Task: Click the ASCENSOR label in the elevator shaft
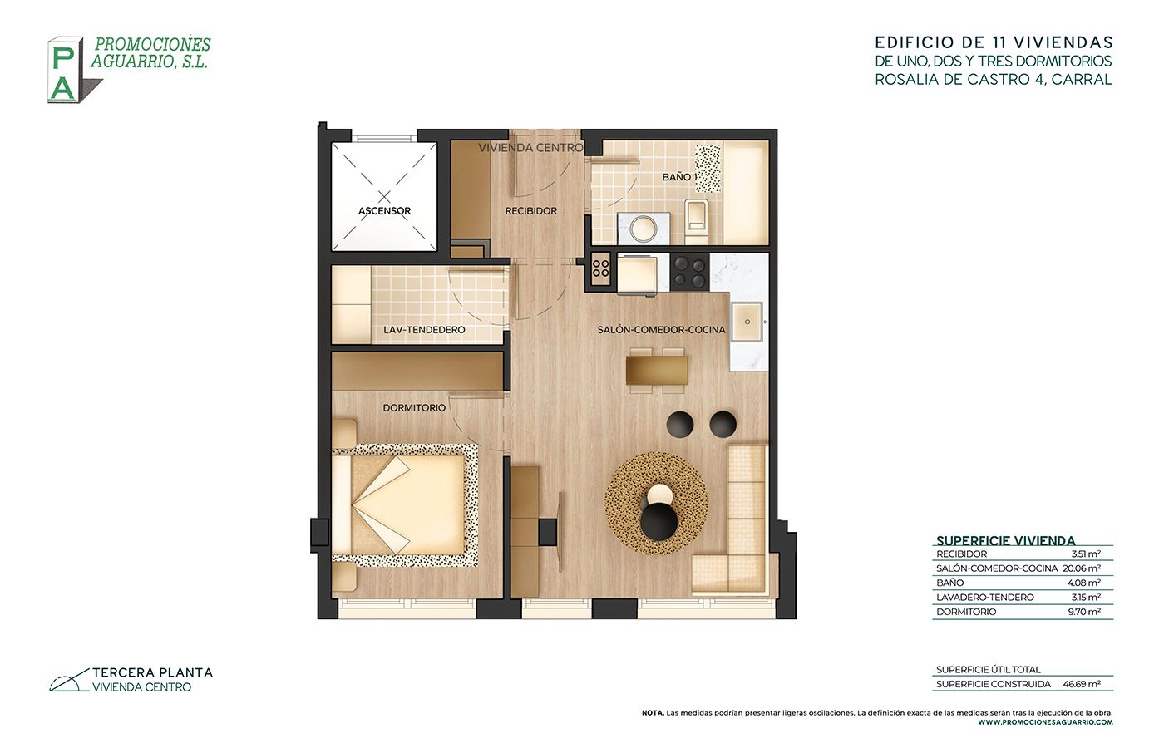pyautogui.click(x=384, y=211)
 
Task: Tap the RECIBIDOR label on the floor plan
pyautogui.click(x=531, y=211)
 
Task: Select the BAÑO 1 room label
pyautogui.click(x=678, y=177)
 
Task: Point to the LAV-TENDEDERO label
pyautogui.click(x=424, y=330)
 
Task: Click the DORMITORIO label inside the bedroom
pyautogui.click(x=414, y=408)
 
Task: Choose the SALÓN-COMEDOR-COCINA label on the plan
pyautogui.click(x=661, y=330)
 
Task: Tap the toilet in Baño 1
pyautogui.click(x=697, y=221)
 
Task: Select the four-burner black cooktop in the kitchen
pyautogui.click(x=689, y=273)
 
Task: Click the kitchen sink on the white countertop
pyautogui.click(x=747, y=322)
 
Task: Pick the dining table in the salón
pyautogui.click(x=657, y=371)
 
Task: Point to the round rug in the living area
pyautogui.click(x=656, y=504)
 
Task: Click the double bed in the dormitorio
pyautogui.click(x=404, y=505)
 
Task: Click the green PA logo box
pyautogui.click(x=65, y=70)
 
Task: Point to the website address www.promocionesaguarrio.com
pyautogui.click(x=1046, y=722)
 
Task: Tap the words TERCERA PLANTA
pyautogui.click(x=153, y=672)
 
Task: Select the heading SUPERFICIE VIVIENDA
pyautogui.click(x=1006, y=541)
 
